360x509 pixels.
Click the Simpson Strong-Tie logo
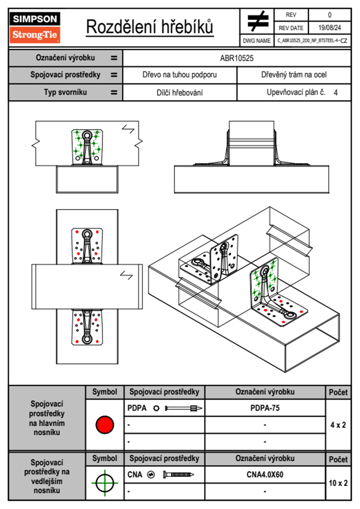tap(34, 28)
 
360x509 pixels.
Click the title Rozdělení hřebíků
tap(150, 27)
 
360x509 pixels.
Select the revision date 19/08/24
tap(329, 28)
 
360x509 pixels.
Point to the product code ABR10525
tap(237, 58)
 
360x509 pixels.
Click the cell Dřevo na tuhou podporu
tap(179, 75)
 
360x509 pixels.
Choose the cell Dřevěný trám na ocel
tap(294, 75)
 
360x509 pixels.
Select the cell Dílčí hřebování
tap(179, 93)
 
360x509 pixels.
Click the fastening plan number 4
tap(335, 93)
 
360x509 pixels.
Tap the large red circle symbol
tap(105, 425)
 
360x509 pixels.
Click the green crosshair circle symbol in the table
tap(105, 483)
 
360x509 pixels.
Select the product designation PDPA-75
tap(265, 408)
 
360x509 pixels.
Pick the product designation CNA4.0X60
tap(265, 475)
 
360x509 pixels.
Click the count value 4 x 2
tap(338, 425)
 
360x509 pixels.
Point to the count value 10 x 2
tap(338, 483)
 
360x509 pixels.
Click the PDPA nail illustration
tap(183, 408)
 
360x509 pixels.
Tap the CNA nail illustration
tap(178, 475)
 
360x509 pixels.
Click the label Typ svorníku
tap(65, 92)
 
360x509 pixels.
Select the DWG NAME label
tap(257, 41)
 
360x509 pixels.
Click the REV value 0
tap(329, 15)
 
